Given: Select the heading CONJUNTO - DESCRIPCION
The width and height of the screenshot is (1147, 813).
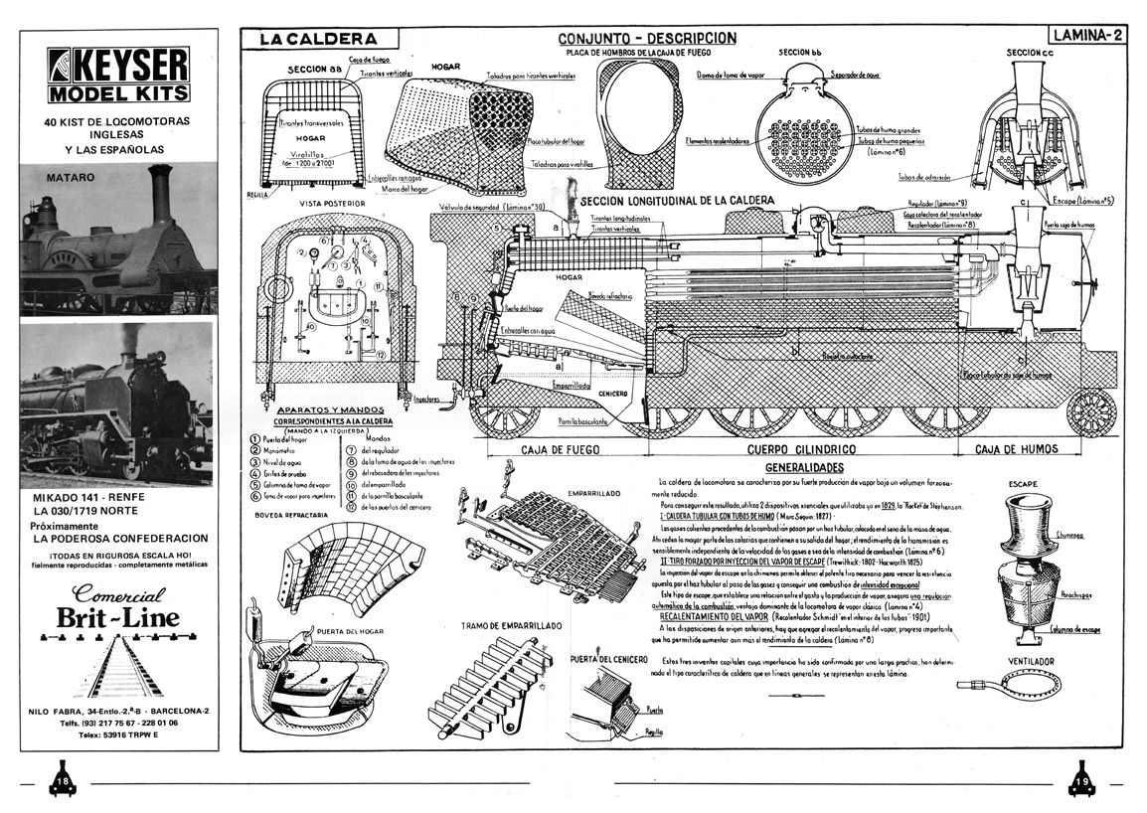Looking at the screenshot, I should click(x=647, y=38).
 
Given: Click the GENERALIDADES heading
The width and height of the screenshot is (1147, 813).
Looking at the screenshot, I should click(x=805, y=466).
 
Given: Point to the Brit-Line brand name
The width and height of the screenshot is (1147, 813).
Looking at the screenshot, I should click(x=117, y=618).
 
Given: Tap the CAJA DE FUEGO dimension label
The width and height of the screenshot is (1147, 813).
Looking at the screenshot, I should click(x=562, y=450).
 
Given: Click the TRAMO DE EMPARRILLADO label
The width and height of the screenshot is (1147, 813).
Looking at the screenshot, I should click(x=511, y=627).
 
